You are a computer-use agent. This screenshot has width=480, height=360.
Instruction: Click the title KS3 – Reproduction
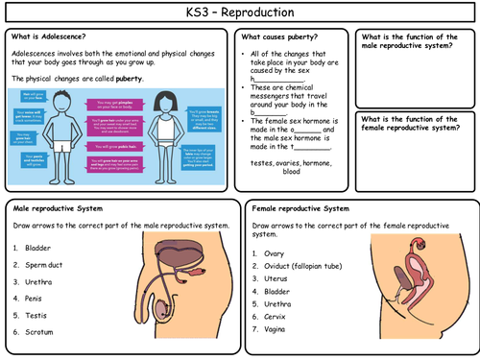tap(240, 12)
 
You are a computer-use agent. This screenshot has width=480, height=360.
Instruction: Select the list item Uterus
tap(276, 278)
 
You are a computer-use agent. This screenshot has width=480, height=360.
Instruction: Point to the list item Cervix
tap(276, 315)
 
